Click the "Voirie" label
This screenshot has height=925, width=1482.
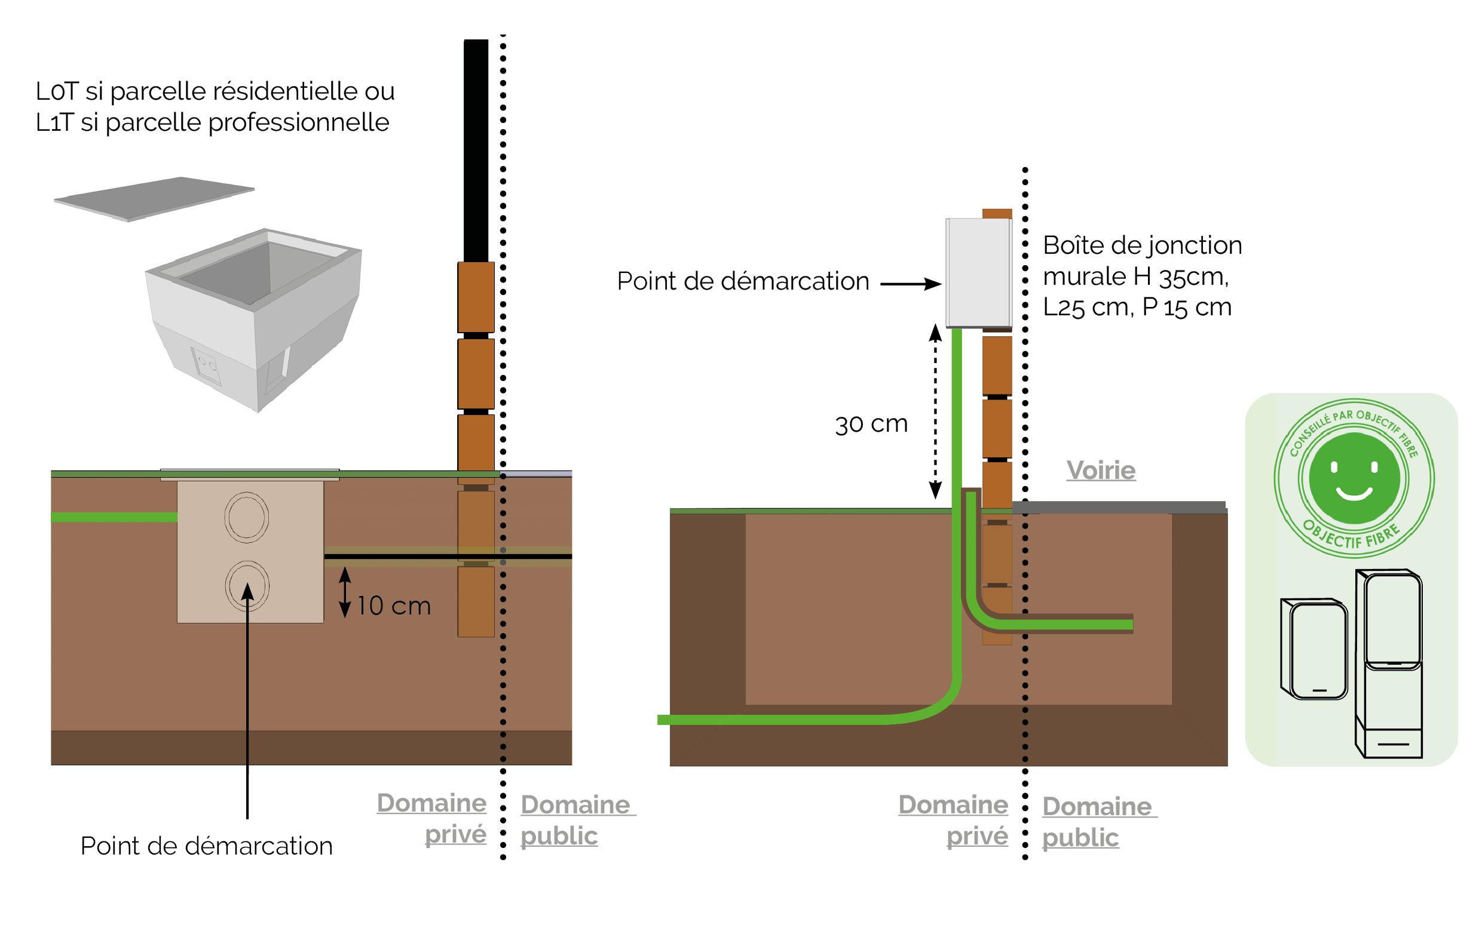point(1101,471)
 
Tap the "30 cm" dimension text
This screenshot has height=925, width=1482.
point(871,424)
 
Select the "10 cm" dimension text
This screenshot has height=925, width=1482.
point(394,606)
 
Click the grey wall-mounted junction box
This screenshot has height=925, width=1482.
point(978,272)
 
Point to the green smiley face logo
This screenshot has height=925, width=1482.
point(1354,478)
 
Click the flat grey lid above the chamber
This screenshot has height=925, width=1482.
point(154,198)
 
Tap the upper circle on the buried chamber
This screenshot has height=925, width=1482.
point(247,518)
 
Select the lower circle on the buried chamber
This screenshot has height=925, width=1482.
point(247,586)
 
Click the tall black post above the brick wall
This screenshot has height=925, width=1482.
point(476,150)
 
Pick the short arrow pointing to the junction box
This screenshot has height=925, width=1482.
point(910,284)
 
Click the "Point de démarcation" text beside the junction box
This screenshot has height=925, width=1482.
point(743,281)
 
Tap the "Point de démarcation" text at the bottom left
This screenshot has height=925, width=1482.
point(206,846)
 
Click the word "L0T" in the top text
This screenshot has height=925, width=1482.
point(57,92)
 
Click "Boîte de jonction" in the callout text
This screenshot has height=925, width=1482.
point(1142,245)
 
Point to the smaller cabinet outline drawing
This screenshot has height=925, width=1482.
point(1313,649)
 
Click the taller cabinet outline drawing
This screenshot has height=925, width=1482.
point(1388,664)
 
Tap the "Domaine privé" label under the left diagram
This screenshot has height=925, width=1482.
point(432,819)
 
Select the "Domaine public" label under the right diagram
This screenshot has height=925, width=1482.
point(1097,822)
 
